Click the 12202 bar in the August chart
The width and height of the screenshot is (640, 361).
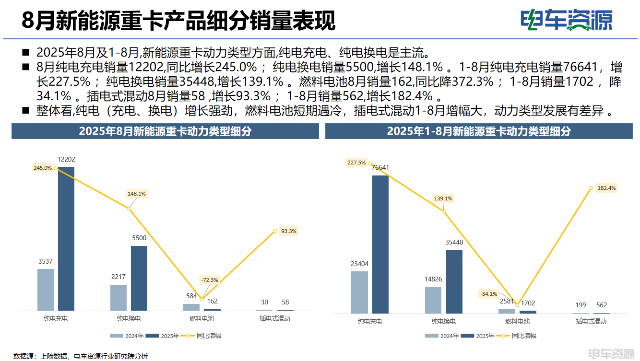[x=66, y=239]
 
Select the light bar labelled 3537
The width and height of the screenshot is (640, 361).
[x=46, y=290]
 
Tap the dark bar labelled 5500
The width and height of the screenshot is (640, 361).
[x=139, y=278]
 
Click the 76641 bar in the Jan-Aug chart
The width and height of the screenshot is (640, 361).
[x=380, y=244]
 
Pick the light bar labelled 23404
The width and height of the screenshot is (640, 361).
[x=359, y=292]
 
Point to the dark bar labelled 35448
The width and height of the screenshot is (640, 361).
[x=454, y=281]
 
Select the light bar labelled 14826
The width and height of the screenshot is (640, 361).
[x=433, y=300]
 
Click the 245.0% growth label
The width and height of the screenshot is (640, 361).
[x=42, y=168]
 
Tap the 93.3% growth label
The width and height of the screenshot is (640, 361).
[x=289, y=231]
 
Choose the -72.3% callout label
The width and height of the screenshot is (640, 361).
[x=209, y=280]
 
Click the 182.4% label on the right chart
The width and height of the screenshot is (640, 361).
[x=606, y=188]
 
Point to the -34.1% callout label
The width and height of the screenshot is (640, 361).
[x=488, y=294]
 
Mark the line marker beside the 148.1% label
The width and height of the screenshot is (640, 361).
[x=129, y=208]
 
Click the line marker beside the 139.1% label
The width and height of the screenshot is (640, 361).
[x=443, y=211]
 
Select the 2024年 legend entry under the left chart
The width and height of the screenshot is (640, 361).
[x=127, y=336]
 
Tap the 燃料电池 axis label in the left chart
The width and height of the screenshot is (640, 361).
[x=202, y=318]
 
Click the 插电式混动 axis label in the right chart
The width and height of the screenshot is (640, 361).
[x=591, y=321]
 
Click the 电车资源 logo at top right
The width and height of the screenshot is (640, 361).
[x=567, y=20]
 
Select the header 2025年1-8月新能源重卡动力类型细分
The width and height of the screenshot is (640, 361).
[x=479, y=131]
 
